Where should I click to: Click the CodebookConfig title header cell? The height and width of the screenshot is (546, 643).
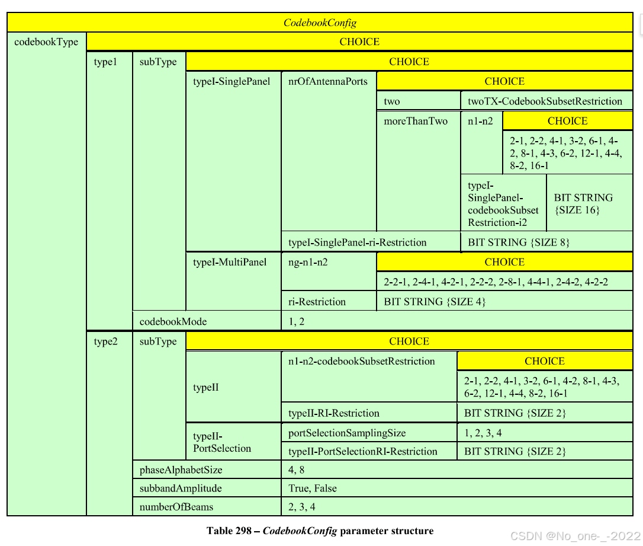[x=320, y=23]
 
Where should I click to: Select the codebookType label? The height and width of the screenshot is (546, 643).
[x=46, y=42]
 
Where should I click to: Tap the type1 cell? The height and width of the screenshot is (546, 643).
[x=105, y=62]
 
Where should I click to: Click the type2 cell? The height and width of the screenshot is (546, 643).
[x=106, y=341]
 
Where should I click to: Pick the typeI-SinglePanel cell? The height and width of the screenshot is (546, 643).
[x=232, y=81]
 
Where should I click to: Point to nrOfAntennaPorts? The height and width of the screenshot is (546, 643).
[x=327, y=81]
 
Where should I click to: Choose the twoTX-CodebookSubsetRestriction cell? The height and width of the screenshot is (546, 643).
[x=545, y=101]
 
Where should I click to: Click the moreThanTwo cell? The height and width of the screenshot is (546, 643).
[x=416, y=121]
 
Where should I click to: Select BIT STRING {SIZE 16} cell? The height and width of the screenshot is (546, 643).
[x=583, y=204]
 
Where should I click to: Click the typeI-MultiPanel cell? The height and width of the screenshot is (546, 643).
[x=230, y=262]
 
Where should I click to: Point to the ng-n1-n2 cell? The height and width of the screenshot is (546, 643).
[x=308, y=262]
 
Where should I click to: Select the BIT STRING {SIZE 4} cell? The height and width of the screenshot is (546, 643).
[x=435, y=301]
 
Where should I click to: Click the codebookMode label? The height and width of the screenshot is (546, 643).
[x=173, y=321]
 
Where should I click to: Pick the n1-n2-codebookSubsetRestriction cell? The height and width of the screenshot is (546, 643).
[x=361, y=361]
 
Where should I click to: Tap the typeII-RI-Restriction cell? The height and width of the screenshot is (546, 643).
[x=333, y=413]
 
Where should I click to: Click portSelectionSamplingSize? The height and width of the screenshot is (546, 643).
[x=347, y=433]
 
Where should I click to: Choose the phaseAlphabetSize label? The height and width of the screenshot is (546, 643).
[x=181, y=470]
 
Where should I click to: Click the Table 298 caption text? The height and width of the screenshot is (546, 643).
[x=320, y=531]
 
